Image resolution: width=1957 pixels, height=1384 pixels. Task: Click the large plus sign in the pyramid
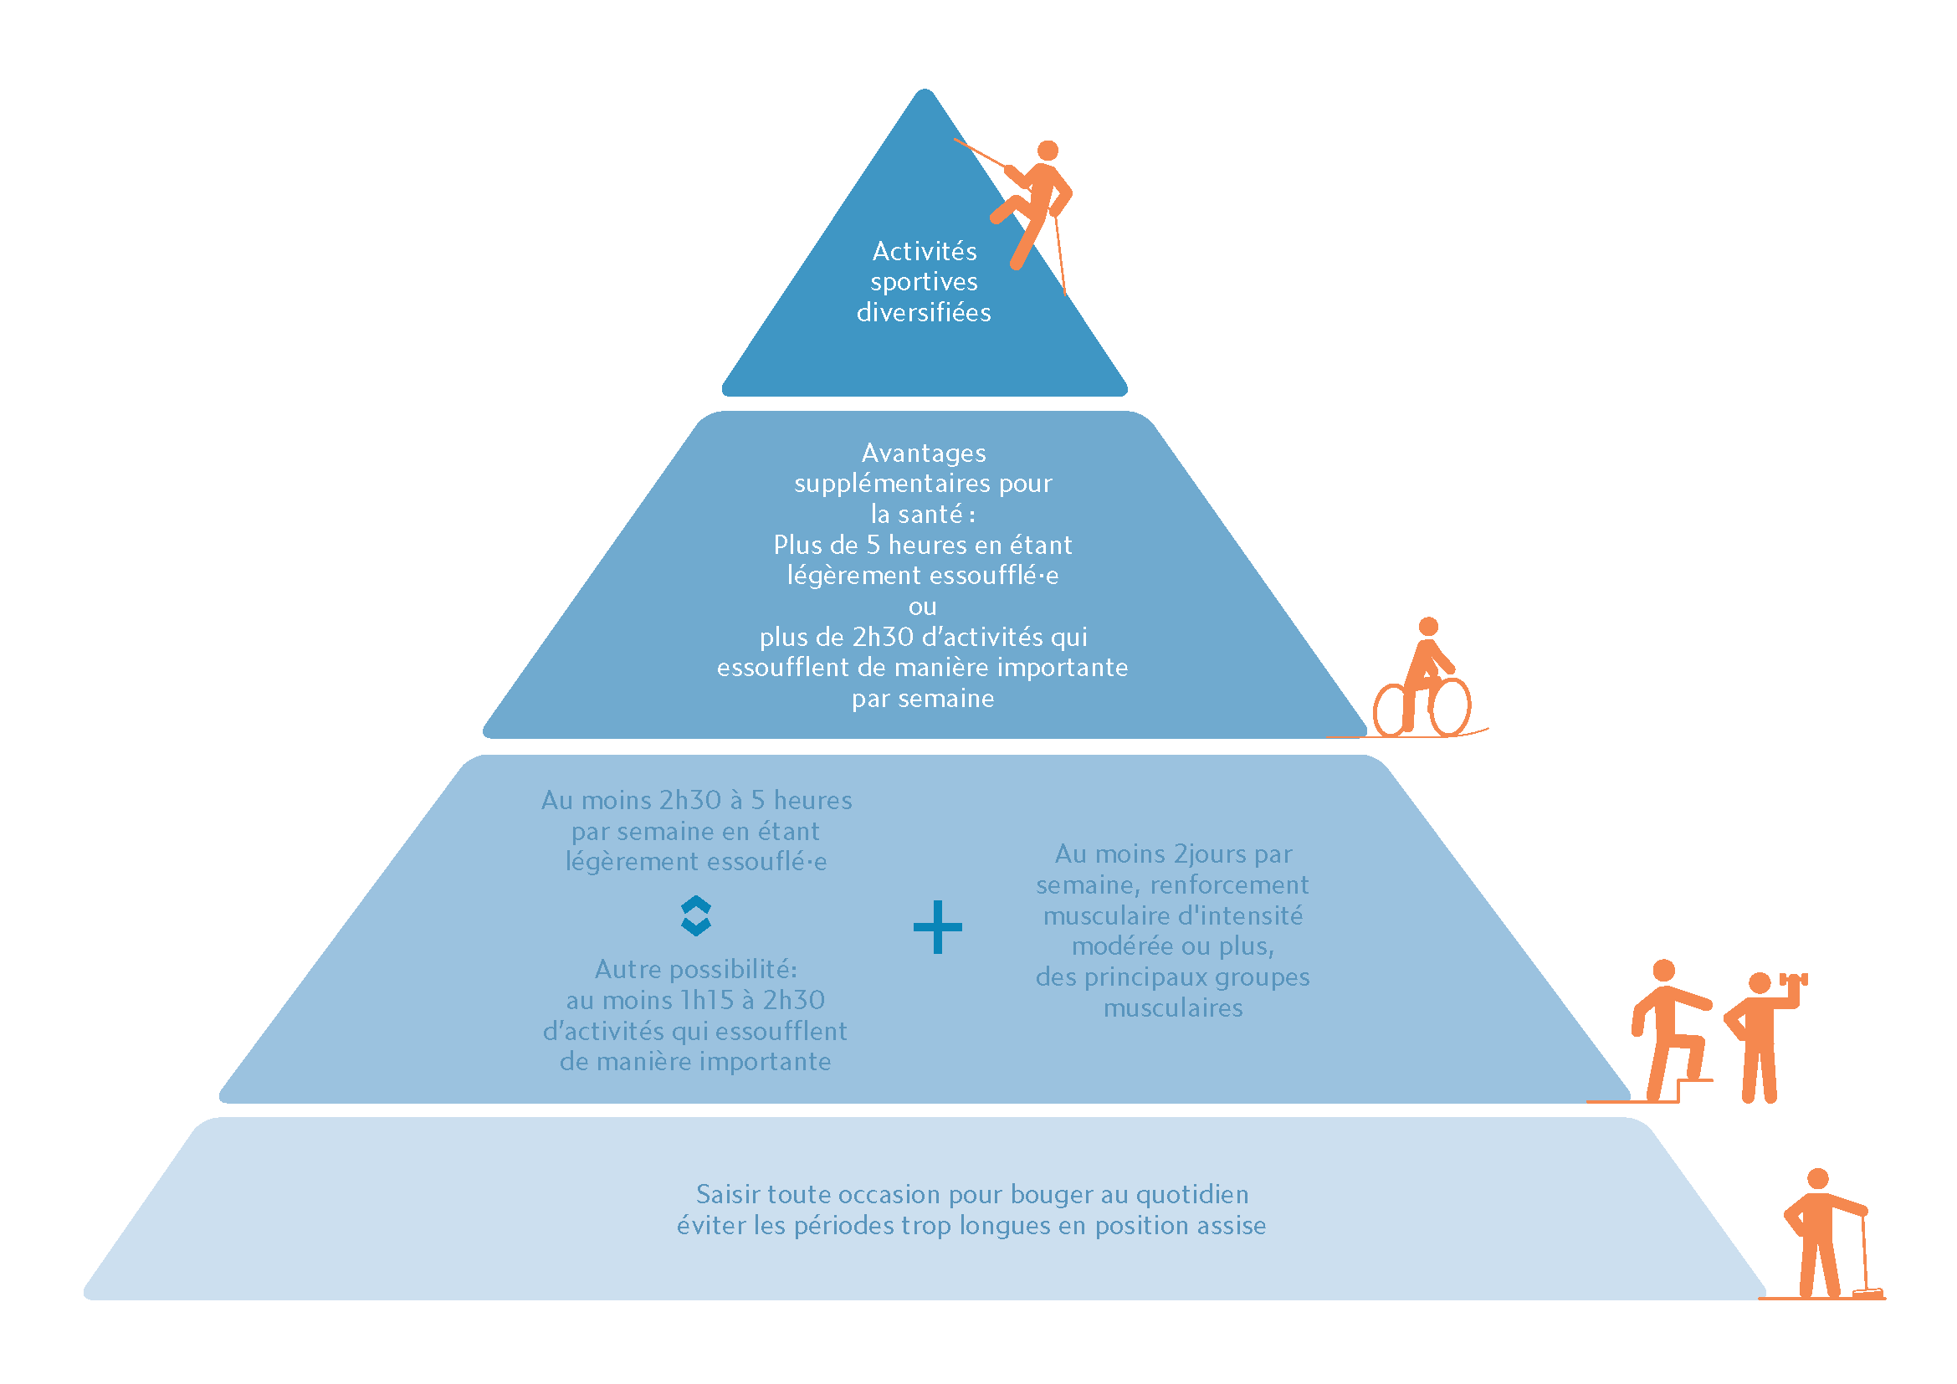(937, 926)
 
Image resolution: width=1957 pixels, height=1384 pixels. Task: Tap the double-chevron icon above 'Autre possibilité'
(696, 916)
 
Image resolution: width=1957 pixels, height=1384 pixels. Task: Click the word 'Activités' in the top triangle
(925, 251)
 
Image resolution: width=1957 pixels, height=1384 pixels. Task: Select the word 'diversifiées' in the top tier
(924, 313)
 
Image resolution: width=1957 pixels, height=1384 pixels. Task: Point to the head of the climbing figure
(1048, 151)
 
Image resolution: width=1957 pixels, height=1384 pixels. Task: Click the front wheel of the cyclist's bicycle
(1450, 706)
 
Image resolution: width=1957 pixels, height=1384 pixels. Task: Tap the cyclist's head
(1428, 627)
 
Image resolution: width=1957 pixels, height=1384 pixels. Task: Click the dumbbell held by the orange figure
(1793, 980)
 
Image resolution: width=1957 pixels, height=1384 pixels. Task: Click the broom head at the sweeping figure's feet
(1867, 1294)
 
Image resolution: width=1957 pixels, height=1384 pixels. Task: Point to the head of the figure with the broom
(1818, 1179)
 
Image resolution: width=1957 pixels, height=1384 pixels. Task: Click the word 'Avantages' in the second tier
(924, 454)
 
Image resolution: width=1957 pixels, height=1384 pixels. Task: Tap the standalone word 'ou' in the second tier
(922, 607)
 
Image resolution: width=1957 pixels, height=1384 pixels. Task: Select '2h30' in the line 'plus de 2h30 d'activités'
(883, 638)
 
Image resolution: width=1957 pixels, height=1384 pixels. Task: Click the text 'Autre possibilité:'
(695, 970)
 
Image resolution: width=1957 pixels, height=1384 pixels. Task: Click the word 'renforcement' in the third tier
(1229, 885)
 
